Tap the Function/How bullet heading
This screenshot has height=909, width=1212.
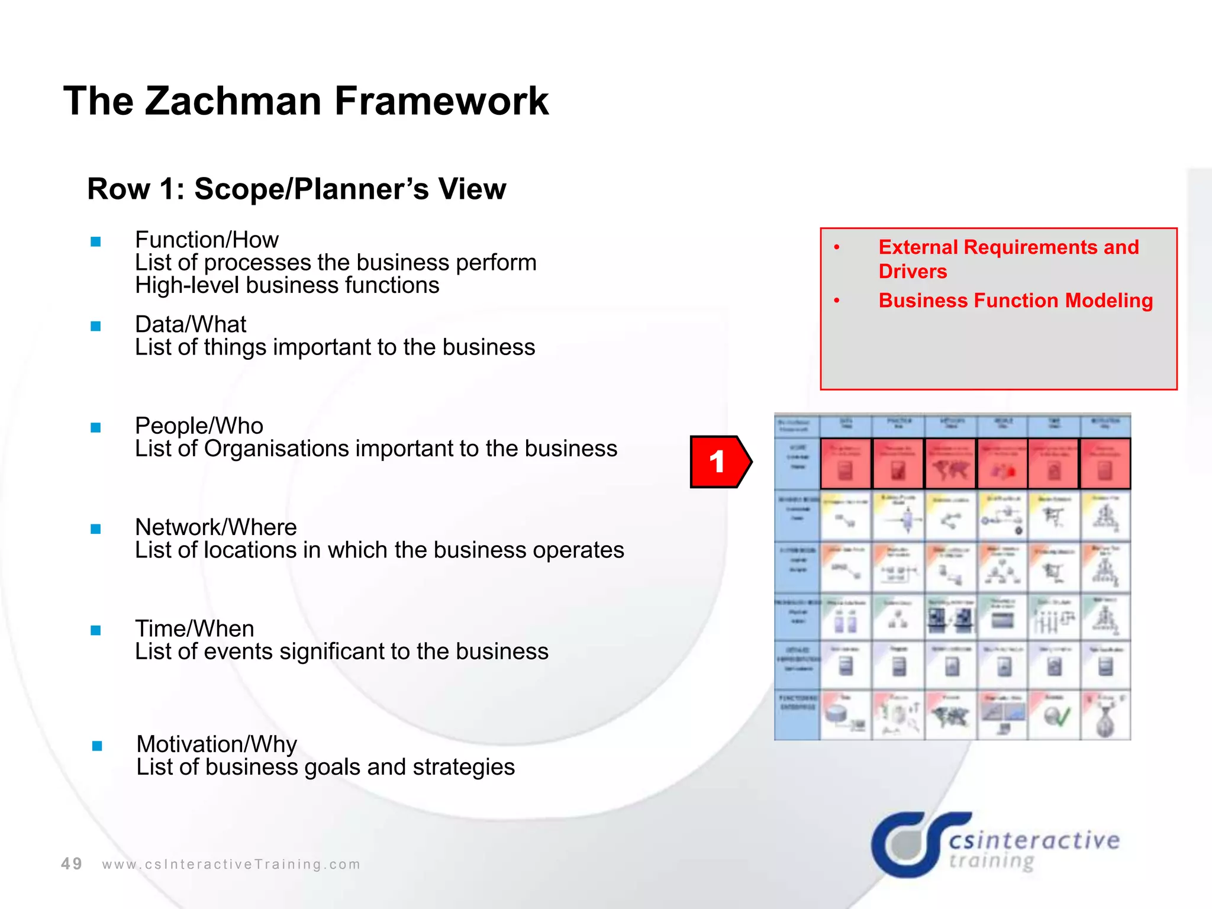(x=207, y=240)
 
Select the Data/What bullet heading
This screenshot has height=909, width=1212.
(x=191, y=324)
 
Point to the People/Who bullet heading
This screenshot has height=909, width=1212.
(x=199, y=426)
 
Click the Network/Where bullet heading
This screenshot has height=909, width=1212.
(x=216, y=527)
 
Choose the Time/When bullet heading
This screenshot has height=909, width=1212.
(x=195, y=628)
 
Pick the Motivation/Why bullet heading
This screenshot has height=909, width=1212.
(x=217, y=744)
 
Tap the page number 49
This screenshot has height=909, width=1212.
(x=72, y=864)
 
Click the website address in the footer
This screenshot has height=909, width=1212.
(x=231, y=865)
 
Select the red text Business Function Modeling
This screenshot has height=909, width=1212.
(x=1016, y=301)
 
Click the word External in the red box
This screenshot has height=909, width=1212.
(x=918, y=247)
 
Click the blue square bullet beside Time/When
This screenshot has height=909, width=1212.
(x=96, y=630)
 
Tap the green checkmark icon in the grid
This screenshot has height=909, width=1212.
(x=1056, y=717)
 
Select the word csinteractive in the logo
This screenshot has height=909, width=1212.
(x=1034, y=840)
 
